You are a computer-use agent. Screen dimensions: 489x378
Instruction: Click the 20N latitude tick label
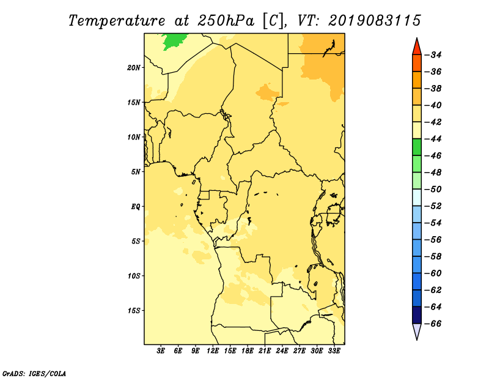click(x=134, y=67)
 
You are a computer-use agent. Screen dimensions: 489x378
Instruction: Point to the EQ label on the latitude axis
click(x=136, y=207)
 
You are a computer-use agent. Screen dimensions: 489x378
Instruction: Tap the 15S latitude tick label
click(x=134, y=311)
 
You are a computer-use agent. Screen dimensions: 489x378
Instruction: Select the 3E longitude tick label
click(x=161, y=350)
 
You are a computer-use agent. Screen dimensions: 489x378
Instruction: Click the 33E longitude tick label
click(x=334, y=350)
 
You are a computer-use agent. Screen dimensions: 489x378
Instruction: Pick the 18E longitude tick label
click(x=248, y=350)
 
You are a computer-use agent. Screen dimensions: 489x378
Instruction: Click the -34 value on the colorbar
click(x=433, y=55)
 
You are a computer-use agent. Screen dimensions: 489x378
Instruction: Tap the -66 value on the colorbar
click(x=433, y=324)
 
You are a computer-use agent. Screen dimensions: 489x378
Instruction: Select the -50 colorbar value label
click(x=433, y=189)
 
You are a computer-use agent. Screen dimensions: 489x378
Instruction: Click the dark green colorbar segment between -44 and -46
click(x=417, y=147)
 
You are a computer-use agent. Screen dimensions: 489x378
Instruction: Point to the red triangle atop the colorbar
click(x=417, y=46)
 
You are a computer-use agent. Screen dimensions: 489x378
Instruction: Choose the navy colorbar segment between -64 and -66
click(x=417, y=315)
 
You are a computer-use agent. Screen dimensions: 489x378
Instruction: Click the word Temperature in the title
click(x=117, y=21)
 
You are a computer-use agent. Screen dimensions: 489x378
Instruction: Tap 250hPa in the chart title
click(x=226, y=21)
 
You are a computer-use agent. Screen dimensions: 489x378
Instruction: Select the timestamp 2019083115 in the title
click(x=375, y=21)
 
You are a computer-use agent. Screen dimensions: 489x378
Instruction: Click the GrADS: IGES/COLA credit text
click(x=34, y=373)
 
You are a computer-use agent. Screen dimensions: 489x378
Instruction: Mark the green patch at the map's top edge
click(x=174, y=42)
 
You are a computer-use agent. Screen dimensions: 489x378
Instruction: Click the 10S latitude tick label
click(x=134, y=276)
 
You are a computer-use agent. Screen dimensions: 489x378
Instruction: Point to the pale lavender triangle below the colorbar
click(x=417, y=332)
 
